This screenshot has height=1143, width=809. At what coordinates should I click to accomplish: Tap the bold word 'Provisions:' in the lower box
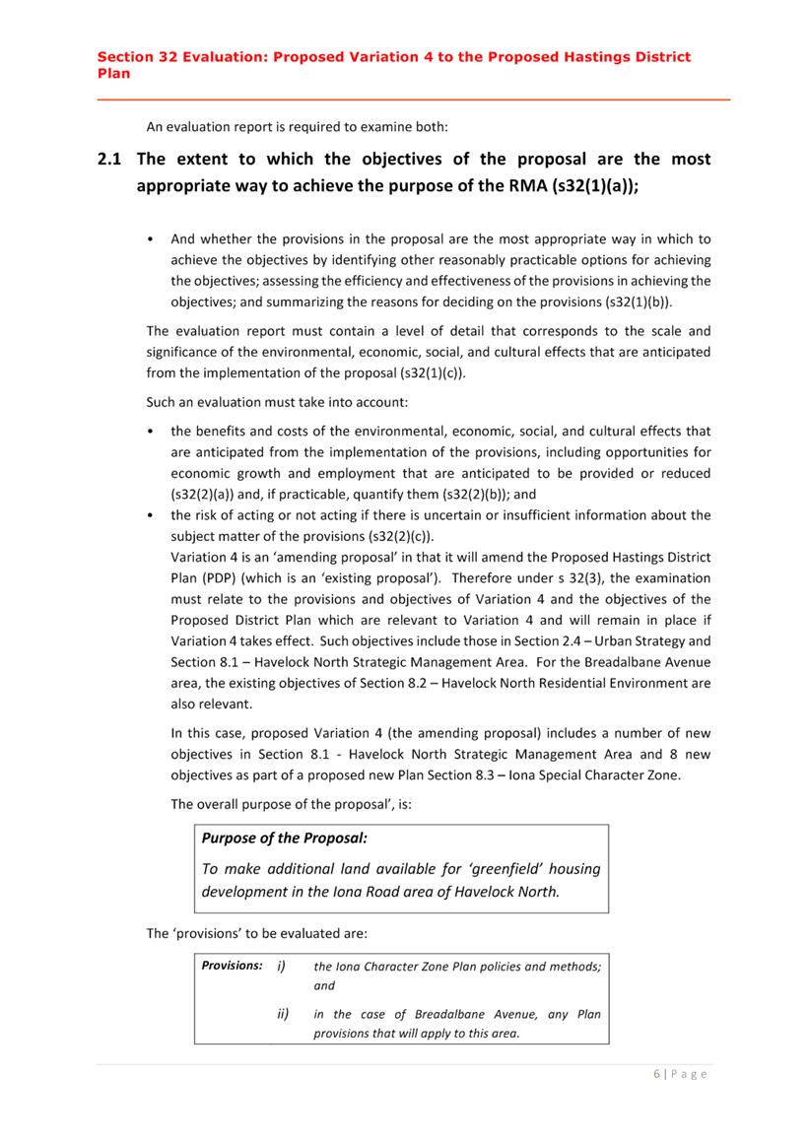[x=232, y=966]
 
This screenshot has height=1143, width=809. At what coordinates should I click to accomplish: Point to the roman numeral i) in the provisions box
[x=281, y=966]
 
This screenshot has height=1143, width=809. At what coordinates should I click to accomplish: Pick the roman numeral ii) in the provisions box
[x=282, y=1013]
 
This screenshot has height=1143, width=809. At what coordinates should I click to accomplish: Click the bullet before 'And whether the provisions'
[x=149, y=239]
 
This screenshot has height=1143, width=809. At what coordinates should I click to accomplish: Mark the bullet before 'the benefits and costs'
[x=149, y=432]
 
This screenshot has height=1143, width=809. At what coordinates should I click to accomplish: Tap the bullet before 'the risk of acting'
[x=149, y=515]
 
